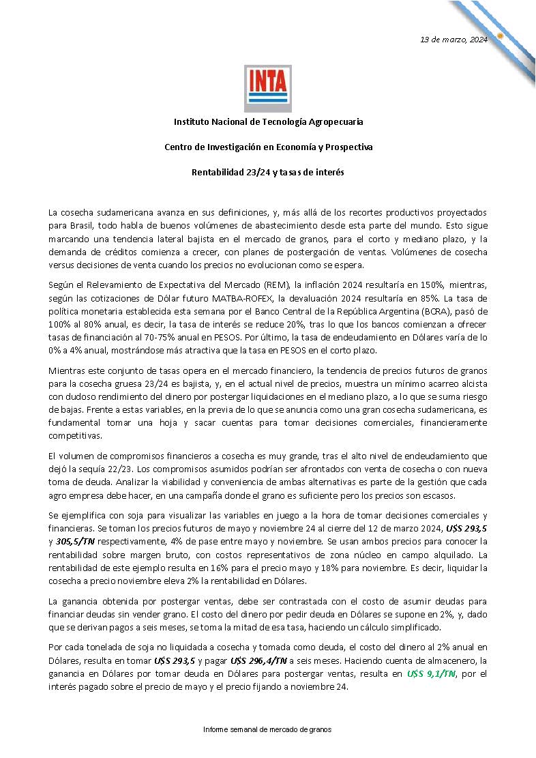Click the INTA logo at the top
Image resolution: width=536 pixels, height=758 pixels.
[x=268, y=88]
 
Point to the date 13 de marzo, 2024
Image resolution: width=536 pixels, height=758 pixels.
[x=453, y=39]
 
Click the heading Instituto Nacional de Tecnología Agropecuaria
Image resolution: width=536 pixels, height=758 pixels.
[x=268, y=121]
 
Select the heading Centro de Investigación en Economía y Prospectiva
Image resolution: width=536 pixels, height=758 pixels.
[x=268, y=147]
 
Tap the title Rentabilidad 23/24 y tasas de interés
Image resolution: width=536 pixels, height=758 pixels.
[x=268, y=172]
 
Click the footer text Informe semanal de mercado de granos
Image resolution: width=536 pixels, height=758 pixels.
[x=267, y=729]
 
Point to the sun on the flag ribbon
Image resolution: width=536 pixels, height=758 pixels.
[x=500, y=35]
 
